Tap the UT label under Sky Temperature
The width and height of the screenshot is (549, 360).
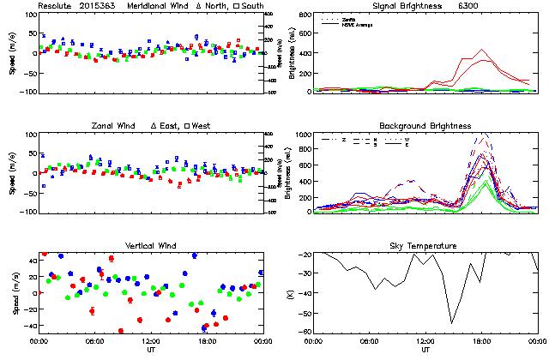(425, 350)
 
